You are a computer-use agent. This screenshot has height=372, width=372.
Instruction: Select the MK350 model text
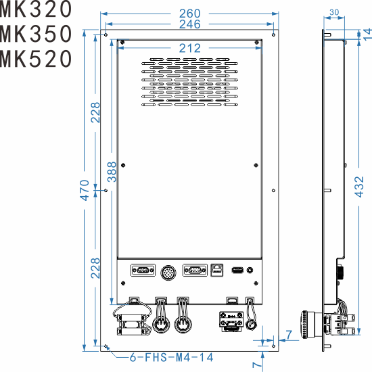(x=35, y=34)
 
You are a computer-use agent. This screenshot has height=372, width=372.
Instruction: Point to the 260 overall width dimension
(x=190, y=13)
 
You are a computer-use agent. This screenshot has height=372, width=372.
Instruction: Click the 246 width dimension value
(x=190, y=25)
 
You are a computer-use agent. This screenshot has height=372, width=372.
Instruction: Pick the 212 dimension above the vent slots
(x=190, y=48)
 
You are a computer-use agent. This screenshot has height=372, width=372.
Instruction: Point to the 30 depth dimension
(x=334, y=12)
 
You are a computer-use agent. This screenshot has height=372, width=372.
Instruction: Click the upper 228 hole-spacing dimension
(x=96, y=112)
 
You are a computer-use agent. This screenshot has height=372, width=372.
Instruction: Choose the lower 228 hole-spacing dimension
(x=96, y=269)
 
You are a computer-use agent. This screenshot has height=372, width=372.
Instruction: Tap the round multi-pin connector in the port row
(x=168, y=271)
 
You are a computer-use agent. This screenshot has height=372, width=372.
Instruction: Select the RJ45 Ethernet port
(x=217, y=270)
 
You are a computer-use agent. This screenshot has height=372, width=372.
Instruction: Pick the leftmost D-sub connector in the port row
(x=141, y=271)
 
